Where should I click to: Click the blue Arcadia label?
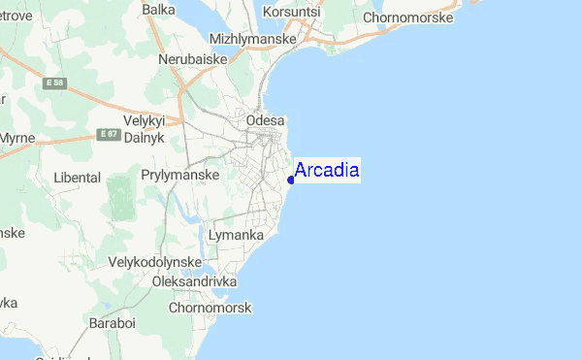pyautogui.click(x=327, y=171)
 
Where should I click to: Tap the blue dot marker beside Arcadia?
pyautogui.click(x=291, y=180)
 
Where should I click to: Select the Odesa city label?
pyautogui.click(x=267, y=120)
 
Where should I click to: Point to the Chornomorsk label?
pyautogui.click(x=210, y=308)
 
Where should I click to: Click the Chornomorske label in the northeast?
pyautogui.click(x=409, y=17)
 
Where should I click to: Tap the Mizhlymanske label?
pyautogui.click(x=246, y=38)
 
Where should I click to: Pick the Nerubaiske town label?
pyautogui.click(x=194, y=59)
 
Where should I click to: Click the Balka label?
pyautogui.click(x=158, y=10)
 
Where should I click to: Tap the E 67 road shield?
pyautogui.click(x=107, y=134)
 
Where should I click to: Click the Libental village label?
pyautogui.click(x=78, y=178)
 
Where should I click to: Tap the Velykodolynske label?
pyautogui.click(x=155, y=262)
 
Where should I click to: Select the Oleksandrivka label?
pyautogui.click(x=195, y=281)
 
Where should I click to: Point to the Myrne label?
pyautogui.click(x=16, y=139)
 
